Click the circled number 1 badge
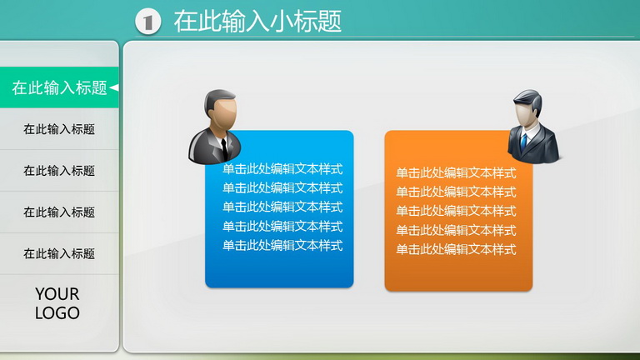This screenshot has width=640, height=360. point(148,22)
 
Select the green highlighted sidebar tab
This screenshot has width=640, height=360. point(59,87)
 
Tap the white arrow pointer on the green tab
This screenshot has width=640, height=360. point(114,87)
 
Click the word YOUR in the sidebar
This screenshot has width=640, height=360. point(57,294)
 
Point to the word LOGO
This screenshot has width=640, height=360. point(57,313)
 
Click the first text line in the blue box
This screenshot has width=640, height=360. point(282,168)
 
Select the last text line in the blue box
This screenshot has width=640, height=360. point(282,245)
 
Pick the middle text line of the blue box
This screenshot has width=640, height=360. point(282,207)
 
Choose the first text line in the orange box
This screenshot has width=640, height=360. point(456,172)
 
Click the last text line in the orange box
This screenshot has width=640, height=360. point(456,249)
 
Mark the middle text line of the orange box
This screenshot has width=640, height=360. point(456,211)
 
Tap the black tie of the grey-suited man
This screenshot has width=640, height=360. point(224,148)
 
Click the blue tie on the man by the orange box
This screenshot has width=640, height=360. point(523,142)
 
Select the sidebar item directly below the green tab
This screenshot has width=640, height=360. point(59,129)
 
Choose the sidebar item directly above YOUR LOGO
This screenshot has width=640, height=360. point(59,254)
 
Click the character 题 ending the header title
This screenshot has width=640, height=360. point(329,21)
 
